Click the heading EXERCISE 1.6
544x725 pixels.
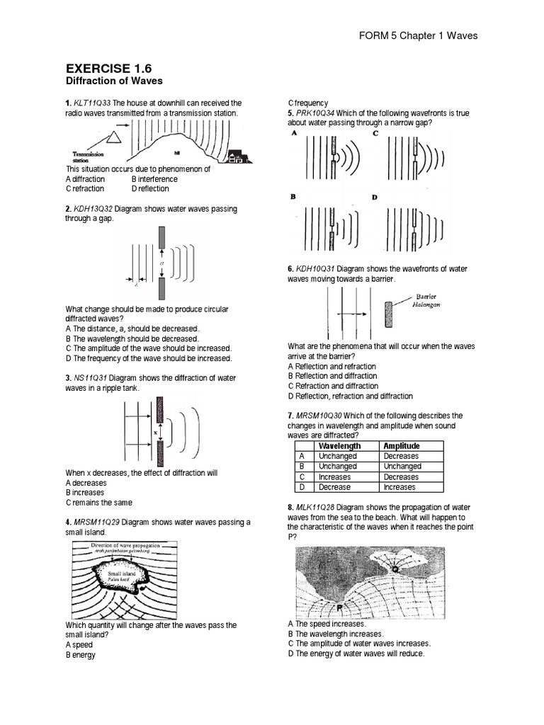[108, 68]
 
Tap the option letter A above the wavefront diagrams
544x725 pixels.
[293, 132]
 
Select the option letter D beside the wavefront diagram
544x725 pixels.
[375, 198]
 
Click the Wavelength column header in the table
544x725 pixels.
[339, 446]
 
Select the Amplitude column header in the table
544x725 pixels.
[402, 446]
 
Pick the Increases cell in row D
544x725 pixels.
[400, 487]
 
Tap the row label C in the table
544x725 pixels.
[302, 477]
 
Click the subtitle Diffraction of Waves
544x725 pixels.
[114, 81]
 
